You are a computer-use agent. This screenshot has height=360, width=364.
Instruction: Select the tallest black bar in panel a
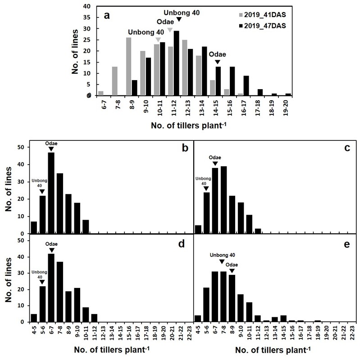pyautogui.click(x=176, y=63)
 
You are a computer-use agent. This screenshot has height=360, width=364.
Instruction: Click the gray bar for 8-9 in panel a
pyautogui.click(x=129, y=66)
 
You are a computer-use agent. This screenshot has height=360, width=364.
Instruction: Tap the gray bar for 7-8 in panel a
pyautogui.click(x=115, y=81)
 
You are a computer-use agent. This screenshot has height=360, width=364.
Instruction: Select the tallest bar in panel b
pyautogui.click(x=51, y=193)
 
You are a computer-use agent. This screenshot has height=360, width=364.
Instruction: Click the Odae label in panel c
pyautogui.click(x=215, y=157)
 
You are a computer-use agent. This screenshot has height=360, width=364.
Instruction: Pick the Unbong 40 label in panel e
pyautogui.click(x=222, y=254)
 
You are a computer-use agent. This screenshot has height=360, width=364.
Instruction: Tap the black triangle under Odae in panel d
pyautogui.click(x=51, y=250)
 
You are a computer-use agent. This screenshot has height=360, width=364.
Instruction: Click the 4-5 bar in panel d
pyautogui.click(x=34, y=318)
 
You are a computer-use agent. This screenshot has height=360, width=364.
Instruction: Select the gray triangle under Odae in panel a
pyautogui.click(x=170, y=30)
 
